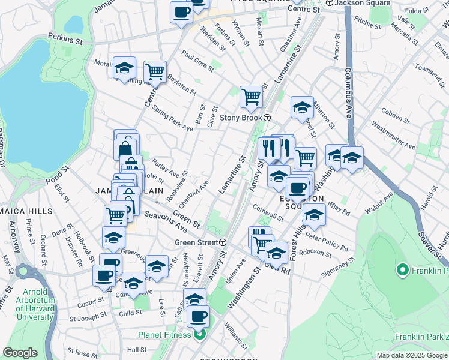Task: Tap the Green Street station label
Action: tap(196, 242)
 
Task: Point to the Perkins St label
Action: tap(66, 40)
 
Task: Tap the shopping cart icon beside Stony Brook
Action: tap(250, 96)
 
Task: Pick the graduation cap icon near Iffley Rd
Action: tap(313, 214)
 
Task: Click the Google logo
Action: tap(20, 353)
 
